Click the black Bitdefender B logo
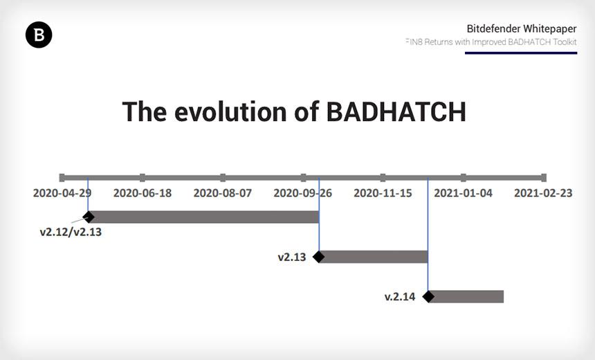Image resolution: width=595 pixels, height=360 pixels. click(39, 35)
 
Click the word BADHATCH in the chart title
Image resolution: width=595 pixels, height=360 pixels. click(396, 112)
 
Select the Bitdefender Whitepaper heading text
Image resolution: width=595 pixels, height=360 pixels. click(522, 28)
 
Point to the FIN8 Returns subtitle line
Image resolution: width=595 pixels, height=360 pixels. click(491, 42)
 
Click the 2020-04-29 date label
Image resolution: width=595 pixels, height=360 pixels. click(62, 193)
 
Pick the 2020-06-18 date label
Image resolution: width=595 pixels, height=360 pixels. click(143, 193)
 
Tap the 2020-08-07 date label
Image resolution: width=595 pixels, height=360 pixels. click(223, 193)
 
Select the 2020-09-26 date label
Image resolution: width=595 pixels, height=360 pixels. click(303, 193)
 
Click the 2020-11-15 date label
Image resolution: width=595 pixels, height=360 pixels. click(383, 193)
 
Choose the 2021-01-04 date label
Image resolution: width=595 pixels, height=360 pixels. click(463, 193)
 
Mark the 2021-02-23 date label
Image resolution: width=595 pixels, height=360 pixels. click(543, 193)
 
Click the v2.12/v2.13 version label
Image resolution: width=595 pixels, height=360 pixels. click(71, 232)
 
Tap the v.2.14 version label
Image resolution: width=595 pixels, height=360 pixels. click(400, 296)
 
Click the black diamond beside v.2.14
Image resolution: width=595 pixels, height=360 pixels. click(428, 296)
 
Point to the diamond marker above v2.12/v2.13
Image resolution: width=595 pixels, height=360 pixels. click(89, 217)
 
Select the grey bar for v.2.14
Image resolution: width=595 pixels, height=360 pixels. click(466, 296)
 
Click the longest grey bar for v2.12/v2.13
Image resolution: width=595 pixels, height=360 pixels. click(204, 217)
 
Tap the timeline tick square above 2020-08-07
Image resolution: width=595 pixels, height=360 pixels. click(223, 177)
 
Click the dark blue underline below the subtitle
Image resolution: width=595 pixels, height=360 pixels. click(521, 53)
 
